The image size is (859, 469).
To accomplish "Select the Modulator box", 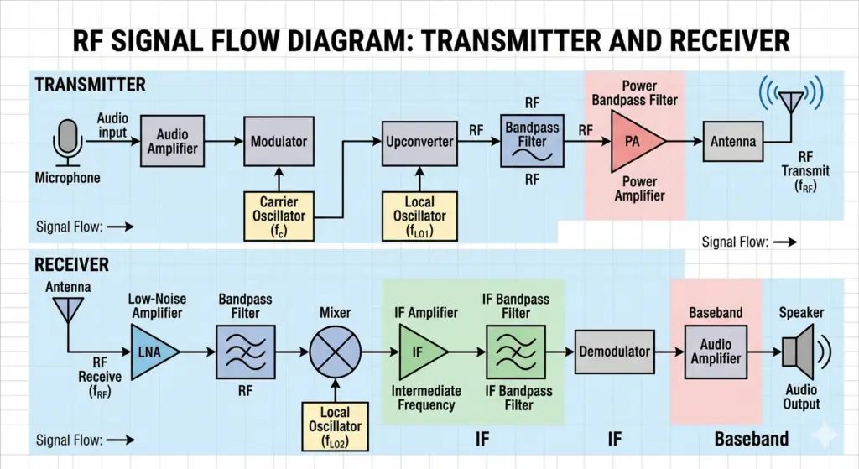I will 279,142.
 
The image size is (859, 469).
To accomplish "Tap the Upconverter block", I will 419,141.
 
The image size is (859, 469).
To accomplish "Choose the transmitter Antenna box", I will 734,142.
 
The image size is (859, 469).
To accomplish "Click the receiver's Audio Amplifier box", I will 716,352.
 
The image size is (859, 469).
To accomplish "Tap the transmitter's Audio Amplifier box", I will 173,142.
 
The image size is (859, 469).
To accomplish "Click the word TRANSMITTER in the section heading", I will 90,85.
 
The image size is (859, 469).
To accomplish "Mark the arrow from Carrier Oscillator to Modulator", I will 279,179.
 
